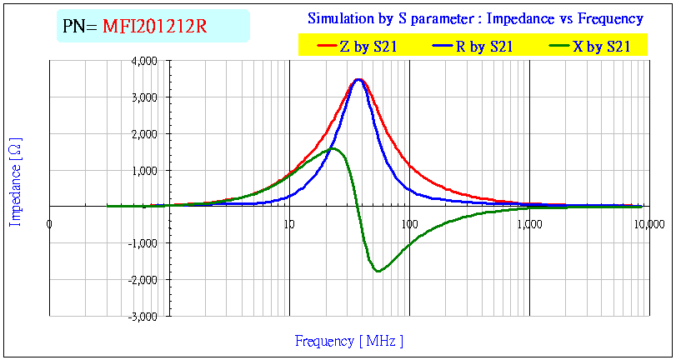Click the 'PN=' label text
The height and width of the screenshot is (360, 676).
[x=81, y=27]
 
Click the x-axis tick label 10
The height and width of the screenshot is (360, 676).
[x=288, y=223]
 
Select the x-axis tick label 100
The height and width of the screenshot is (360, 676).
[x=409, y=223]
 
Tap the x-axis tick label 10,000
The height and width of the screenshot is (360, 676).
[x=648, y=223]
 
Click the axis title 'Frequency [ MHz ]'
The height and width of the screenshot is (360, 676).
[x=349, y=341]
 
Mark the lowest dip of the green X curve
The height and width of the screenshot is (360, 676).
[x=378, y=271]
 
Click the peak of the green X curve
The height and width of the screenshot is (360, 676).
[x=333, y=148]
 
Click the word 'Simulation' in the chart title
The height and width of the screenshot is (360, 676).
[x=340, y=18]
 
